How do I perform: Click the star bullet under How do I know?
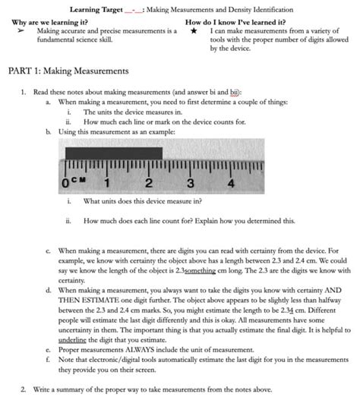(195, 31)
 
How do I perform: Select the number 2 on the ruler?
(148, 182)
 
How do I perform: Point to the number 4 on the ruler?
(230, 182)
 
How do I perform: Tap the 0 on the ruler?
(67, 183)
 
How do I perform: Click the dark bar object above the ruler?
(114, 152)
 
